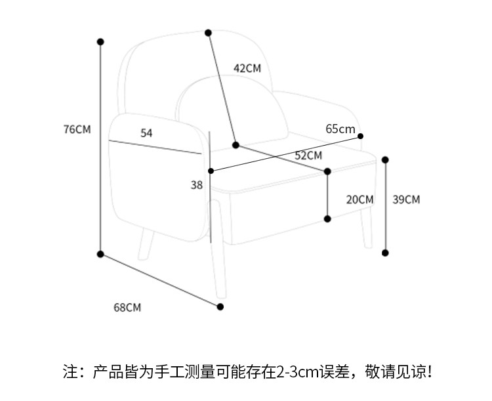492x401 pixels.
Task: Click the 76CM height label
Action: pos(77,129)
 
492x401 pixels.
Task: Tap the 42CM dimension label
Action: pos(247,68)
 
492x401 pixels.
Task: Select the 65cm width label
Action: pos(340,129)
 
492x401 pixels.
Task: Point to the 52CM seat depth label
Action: pos(308,156)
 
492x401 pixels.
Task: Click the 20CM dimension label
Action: pos(359,200)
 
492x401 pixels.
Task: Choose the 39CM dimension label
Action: pos(406,200)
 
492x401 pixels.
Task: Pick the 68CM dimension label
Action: pos(127,307)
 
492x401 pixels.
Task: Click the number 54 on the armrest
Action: pos(146,133)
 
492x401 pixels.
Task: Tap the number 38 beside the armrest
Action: pos(197,185)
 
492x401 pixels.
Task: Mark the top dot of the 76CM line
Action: pos(100,42)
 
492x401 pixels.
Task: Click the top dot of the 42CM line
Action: pos(208,32)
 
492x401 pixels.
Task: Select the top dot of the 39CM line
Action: pos(386,159)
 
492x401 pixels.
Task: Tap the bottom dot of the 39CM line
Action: pos(386,253)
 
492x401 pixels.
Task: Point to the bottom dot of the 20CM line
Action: pos(327,219)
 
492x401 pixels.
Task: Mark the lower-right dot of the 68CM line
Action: pos(220,306)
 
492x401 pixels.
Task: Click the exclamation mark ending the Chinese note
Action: pos(429,372)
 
